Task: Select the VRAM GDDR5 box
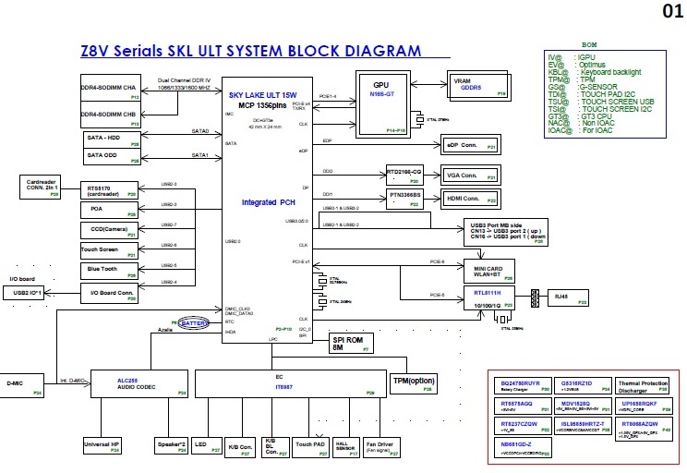point(476,84)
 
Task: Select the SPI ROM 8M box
point(350,344)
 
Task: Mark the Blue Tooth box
point(108,269)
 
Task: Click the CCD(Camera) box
point(108,229)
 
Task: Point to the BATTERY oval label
point(195,323)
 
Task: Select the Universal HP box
point(102,446)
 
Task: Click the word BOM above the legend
point(590,44)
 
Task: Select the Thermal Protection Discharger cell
point(643,385)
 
